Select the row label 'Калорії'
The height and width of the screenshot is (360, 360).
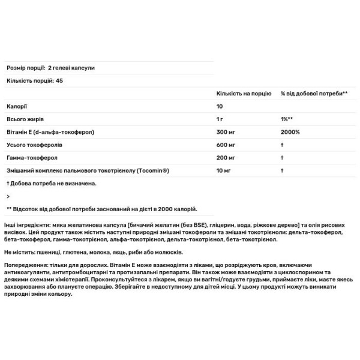pos(16,106)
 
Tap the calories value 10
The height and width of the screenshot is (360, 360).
pos(220,106)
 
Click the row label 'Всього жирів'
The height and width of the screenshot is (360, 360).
pos(24,119)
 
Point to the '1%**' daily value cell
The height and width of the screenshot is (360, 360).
pos(287,119)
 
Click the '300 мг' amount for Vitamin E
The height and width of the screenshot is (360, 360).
pos(226,131)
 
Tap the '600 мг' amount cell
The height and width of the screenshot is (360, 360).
pos(226,145)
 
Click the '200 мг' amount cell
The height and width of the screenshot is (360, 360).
pos(226,157)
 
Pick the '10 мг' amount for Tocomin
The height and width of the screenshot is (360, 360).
pos(224,170)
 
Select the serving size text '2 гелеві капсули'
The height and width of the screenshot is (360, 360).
pos(72,68)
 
